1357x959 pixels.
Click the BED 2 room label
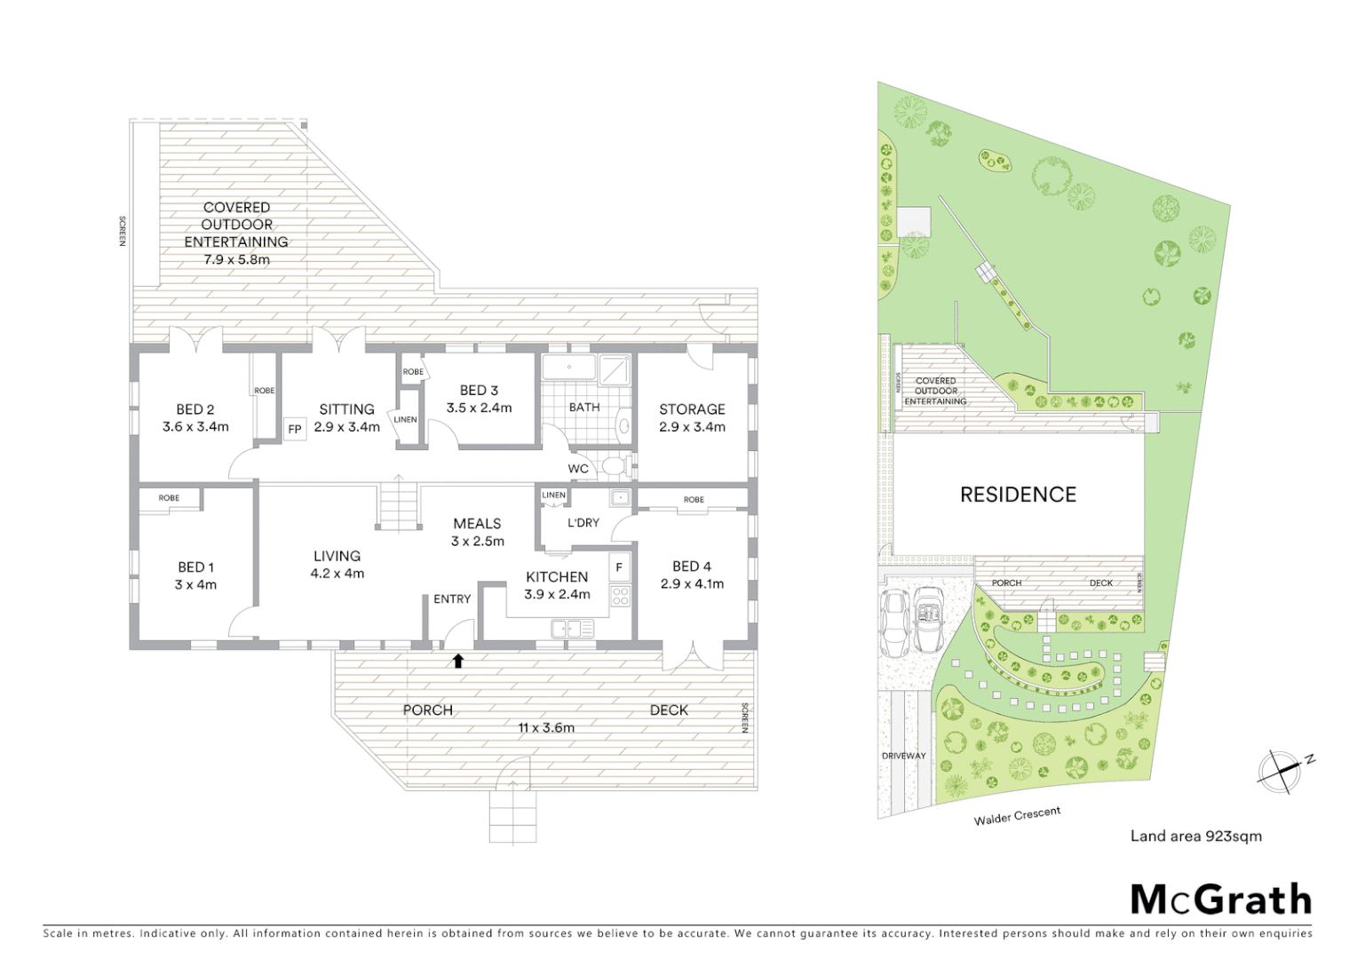(x=195, y=409)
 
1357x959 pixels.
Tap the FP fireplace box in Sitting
(x=295, y=430)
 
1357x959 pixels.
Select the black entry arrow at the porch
(x=458, y=661)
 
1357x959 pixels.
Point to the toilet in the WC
(x=614, y=466)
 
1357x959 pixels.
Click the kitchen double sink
(x=572, y=630)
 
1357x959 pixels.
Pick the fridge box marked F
(x=619, y=567)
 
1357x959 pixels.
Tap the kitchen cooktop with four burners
(x=620, y=597)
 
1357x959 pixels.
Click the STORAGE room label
(x=692, y=409)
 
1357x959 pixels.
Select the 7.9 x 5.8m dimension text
(x=236, y=260)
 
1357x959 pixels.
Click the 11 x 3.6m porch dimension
(x=546, y=728)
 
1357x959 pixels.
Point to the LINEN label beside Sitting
(x=405, y=419)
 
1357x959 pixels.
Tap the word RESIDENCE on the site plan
(x=1018, y=495)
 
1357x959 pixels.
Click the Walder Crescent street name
(x=1017, y=816)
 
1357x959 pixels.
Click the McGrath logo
(x=1220, y=900)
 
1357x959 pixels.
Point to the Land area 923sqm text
(x=1195, y=836)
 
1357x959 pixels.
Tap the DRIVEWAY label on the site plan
(x=903, y=756)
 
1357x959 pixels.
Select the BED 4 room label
(x=692, y=567)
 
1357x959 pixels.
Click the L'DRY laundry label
(x=583, y=523)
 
